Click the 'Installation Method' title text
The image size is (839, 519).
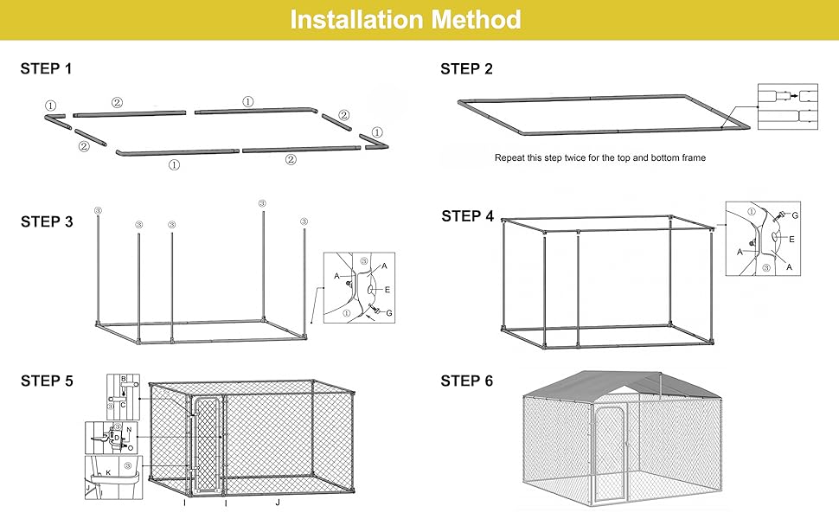[406, 20]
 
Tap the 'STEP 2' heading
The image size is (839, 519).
[466, 69]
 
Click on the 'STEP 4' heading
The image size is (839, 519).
[467, 216]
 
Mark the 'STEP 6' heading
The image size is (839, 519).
[466, 381]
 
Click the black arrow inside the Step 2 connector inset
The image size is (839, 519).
[793, 96]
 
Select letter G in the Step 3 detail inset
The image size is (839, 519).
[389, 312]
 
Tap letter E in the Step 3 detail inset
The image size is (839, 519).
[387, 291]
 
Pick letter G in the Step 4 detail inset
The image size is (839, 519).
[794, 215]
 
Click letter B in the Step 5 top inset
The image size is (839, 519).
[123, 380]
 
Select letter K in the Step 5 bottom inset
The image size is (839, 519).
[108, 473]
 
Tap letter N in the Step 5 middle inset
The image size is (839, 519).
[129, 430]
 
